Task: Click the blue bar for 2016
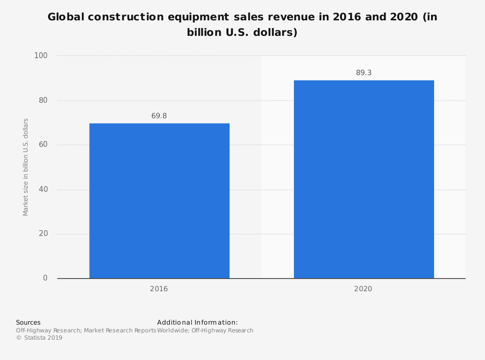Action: [x=159, y=201]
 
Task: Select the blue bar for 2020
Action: [x=364, y=179]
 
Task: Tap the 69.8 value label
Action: [x=159, y=116]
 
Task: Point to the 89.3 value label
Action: [x=364, y=73]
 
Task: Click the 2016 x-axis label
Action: [x=159, y=289]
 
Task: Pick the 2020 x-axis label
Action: [x=363, y=289]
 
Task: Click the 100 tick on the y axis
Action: [x=41, y=56]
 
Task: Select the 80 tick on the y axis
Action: [x=43, y=100]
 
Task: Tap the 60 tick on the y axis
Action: [x=43, y=145]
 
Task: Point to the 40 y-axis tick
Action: [x=43, y=189]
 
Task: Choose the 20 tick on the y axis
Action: [x=43, y=234]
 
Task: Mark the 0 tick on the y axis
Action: [x=45, y=278]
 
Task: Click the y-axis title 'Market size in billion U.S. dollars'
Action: [x=26, y=167]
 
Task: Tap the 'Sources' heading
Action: [x=28, y=322]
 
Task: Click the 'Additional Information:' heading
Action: [x=197, y=322]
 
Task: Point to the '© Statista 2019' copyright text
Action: [x=39, y=338]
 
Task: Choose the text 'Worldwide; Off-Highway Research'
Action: [x=205, y=330]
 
